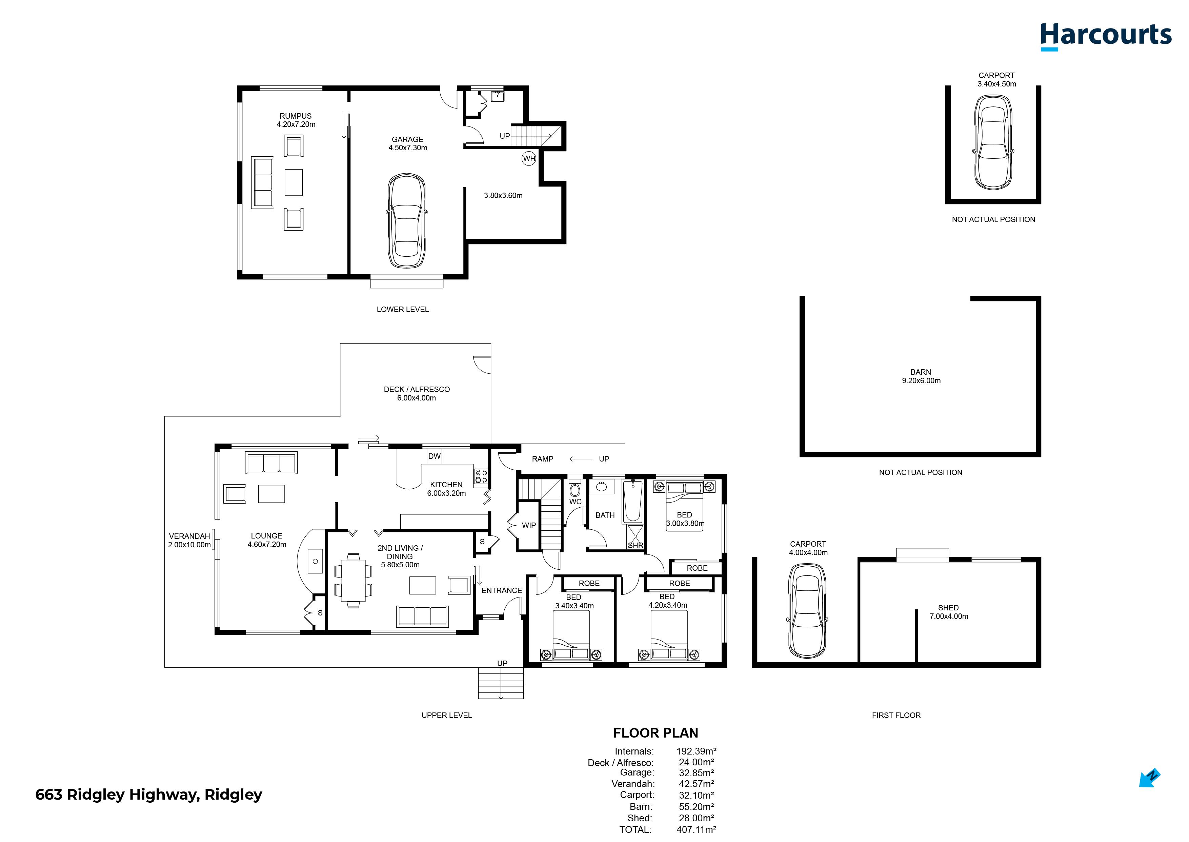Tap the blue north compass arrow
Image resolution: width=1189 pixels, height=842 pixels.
click(x=1149, y=778)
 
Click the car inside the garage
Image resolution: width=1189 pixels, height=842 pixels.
click(x=407, y=221)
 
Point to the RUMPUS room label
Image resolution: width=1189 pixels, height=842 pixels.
click(x=296, y=116)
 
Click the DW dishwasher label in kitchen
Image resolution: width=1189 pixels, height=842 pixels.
click(x=434, y=456)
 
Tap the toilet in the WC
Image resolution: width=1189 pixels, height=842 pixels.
click(x=575, y=487)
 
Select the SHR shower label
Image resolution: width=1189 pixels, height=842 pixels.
click(x=635, y=545)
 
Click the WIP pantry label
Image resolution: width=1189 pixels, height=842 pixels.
click(x=528, y=525)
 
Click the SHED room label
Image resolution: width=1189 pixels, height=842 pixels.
click(x=948, y=608)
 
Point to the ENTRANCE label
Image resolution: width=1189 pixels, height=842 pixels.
click(x=502, y=590)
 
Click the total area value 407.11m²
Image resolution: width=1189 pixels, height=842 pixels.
click(x=696, y=829)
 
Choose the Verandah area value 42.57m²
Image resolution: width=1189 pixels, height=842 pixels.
click(x=696, y=784)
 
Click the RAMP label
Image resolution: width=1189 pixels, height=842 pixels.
click(x=542, y=459)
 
